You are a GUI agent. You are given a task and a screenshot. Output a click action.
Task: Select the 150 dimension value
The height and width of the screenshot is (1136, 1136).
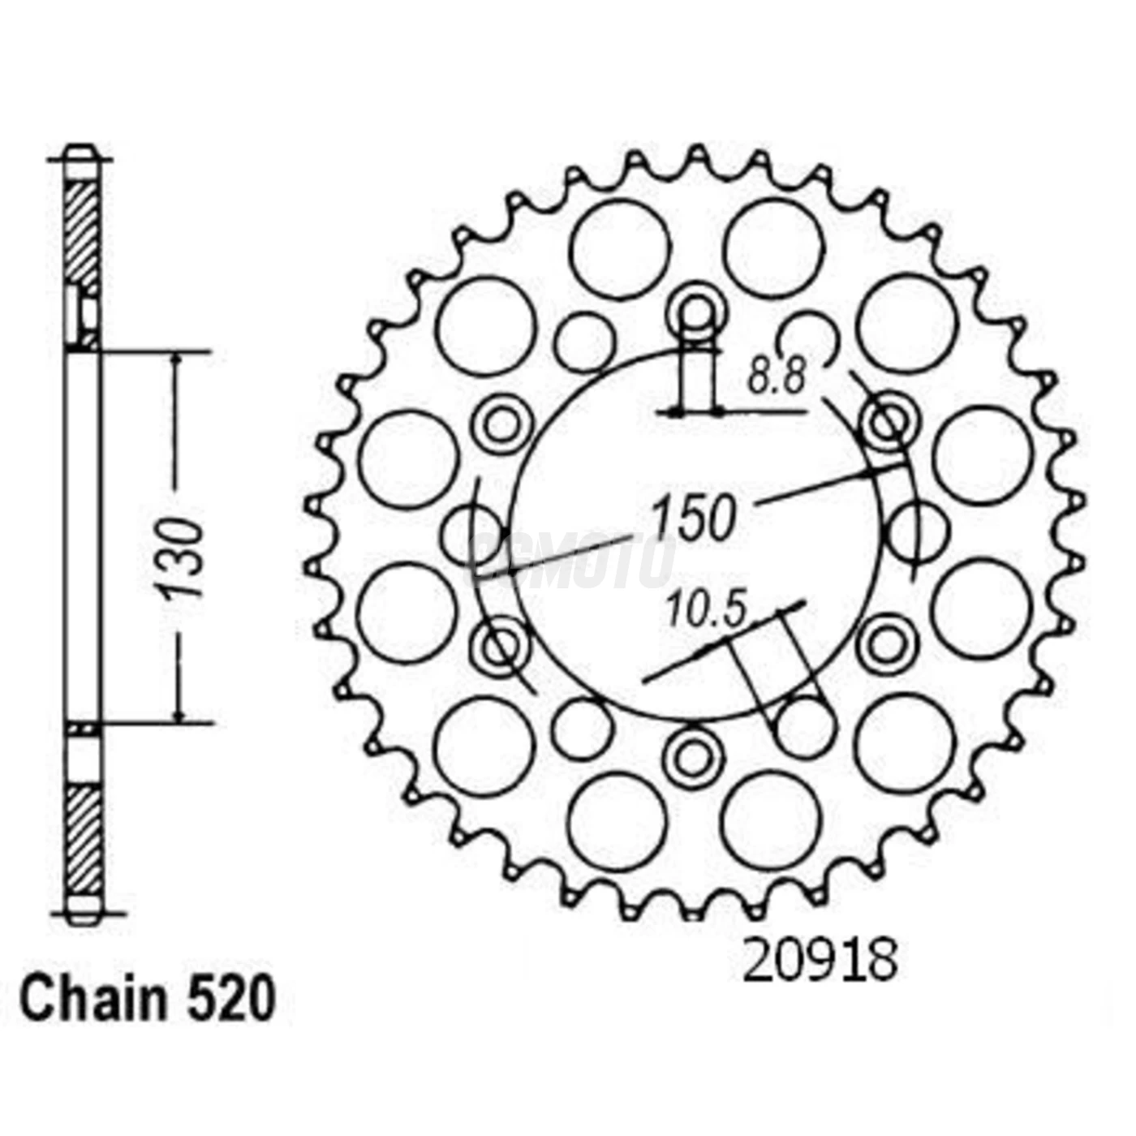[x=695, y=518]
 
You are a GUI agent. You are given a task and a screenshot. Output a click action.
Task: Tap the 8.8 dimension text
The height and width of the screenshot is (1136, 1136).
[x=776, y=378]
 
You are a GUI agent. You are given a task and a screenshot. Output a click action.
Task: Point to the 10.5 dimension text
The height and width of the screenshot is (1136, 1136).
[x=706, y=610]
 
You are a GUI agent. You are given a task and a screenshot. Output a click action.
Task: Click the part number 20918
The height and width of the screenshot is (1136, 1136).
[x=820, y=961]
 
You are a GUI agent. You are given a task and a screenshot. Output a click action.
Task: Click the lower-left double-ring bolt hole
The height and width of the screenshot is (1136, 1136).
[x=500, y=645]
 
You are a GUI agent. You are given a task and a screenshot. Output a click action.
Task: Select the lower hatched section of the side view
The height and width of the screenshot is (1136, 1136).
[x=84, y=840]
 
